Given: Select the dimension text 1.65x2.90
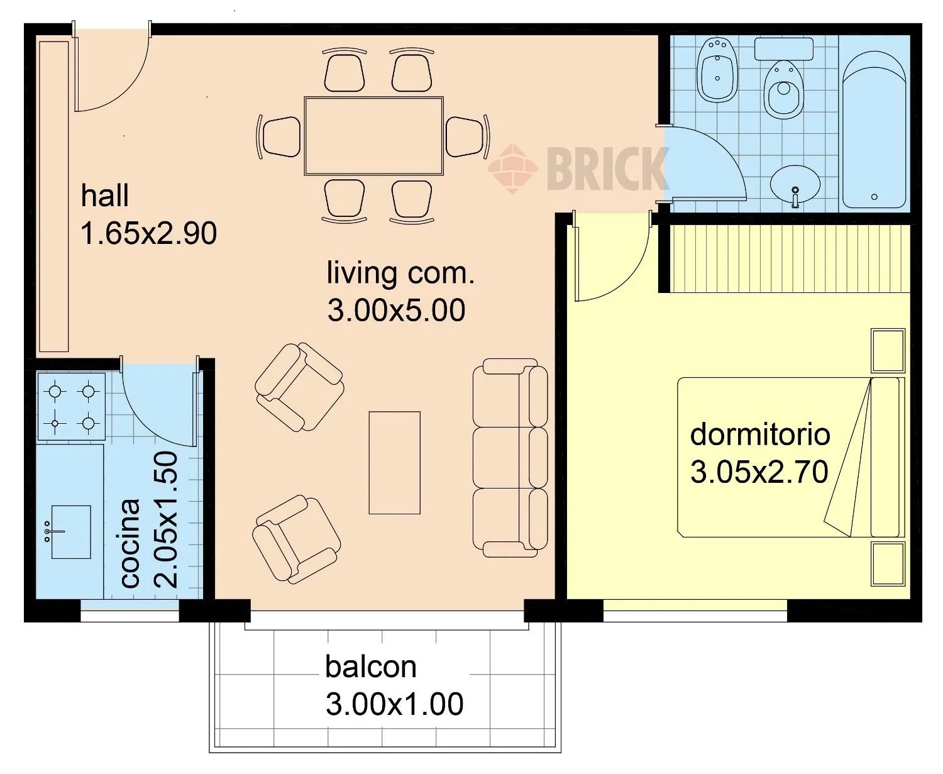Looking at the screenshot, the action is [x=148, y=233].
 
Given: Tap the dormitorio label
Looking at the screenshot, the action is [x=760, y=434].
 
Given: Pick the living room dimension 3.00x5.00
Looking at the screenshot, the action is [x=396, y=311].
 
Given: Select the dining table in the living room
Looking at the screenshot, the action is [x=374, y=135].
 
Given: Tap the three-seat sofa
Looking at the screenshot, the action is [x=510, y=458].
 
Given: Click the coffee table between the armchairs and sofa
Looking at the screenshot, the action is [x=394, y=463].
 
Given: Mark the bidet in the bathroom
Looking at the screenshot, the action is [x=718, y=70].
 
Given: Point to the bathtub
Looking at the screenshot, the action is [x=874, y=130].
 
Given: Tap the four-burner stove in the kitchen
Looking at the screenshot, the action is [x=72, y=406].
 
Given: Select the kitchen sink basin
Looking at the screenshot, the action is [x=71, y=532].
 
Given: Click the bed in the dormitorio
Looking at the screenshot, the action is [x=791, y=457].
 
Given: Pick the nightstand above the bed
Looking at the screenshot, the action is [x=888, y=351].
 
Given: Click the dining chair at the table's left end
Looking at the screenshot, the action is [x=280, y=137].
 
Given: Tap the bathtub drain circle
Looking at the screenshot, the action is [x=874, y=197].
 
